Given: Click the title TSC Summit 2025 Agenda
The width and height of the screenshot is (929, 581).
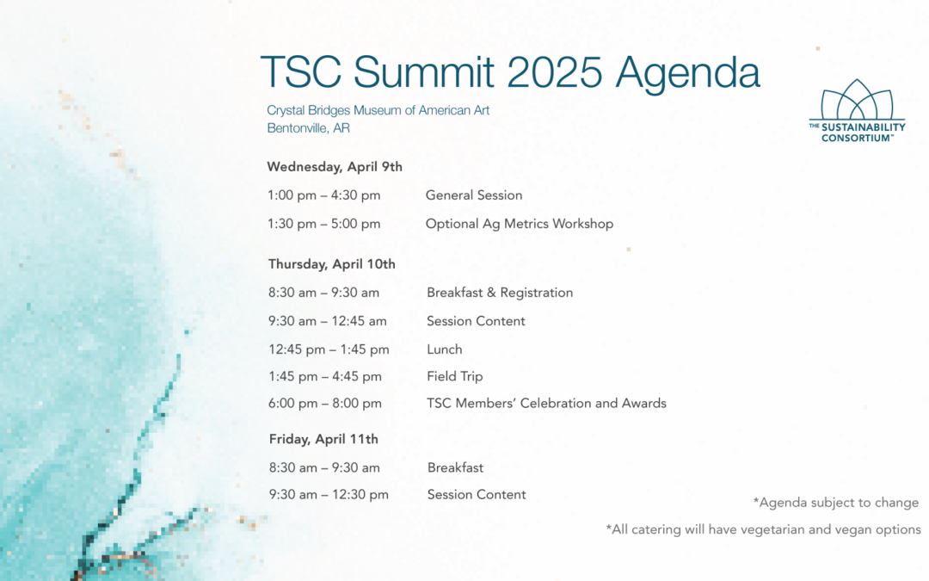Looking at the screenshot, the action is tap(510, 73).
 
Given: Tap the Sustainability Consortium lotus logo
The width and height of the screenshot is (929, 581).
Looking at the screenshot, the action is tap(857, 111).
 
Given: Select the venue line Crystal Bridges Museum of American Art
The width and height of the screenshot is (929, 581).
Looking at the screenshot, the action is tap(378, 110).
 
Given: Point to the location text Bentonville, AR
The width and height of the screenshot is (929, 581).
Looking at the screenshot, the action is tap(308, 128).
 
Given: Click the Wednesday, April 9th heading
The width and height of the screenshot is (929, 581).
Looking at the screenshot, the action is tap(335, 167).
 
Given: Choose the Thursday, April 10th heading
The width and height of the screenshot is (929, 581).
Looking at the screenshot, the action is tap(332, 264).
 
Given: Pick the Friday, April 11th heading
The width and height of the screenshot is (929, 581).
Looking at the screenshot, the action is tap(323, 439).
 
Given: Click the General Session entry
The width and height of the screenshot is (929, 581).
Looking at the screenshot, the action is tap(474, 195).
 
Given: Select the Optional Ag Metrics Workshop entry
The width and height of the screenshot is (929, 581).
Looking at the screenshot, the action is tap(520, 224).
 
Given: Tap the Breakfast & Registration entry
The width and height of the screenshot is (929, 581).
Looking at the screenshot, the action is tap(500, 293).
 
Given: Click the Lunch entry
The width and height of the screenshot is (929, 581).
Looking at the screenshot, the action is tap(445, 349).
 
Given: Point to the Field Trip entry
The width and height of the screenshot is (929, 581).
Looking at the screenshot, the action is tap(455, 376).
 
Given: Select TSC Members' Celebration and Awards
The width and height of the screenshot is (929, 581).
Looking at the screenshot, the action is tap(546, 403).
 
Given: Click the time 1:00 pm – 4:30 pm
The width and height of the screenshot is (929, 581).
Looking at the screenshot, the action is tap(323, 195).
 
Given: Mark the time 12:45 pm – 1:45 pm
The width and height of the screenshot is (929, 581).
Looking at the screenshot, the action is tap(329, 349).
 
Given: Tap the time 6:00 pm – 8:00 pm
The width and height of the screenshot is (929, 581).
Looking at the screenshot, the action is tap(324, 404).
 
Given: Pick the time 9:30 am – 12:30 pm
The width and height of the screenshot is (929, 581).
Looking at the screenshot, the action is tap(329, 495).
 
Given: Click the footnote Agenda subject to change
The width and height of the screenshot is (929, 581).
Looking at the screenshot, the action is tap(836, 503).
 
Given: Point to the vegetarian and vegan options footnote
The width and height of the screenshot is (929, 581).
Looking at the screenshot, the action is tap(763, 529).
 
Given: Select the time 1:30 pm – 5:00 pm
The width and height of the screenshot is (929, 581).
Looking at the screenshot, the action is tap(323, 224).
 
